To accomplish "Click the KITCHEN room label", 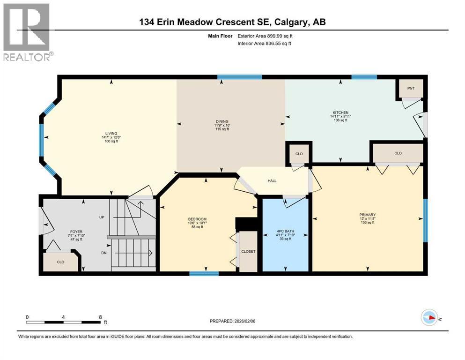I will (x=340, y=113).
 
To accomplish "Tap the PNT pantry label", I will (x=410, y=88).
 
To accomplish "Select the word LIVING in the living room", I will (x=111, y=133).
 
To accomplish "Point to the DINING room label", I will (x=219, y=121).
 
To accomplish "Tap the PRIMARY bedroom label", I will (x=368, y=215).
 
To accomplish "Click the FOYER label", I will (x=76, y=231).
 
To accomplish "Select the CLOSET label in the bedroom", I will (x=248, y=252).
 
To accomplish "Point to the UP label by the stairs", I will (x=102, y=217).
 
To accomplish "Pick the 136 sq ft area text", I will (x=368, y=223).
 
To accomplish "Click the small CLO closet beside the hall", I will (x=299, y=153).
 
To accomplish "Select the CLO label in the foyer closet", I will (x=60, y=262).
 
